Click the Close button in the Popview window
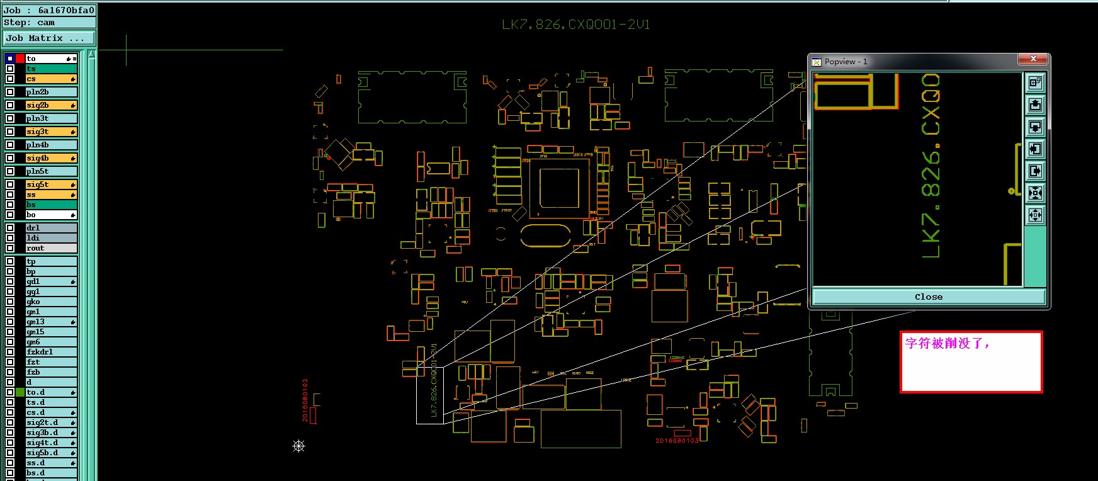[929, 297]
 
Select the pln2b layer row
[50, 92]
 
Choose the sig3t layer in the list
[50, 132]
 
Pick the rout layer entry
[50, 248]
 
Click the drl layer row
[50, 228]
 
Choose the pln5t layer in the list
[50, 171]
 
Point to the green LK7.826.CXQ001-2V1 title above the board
[575, 25]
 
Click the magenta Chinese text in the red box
[947, 343]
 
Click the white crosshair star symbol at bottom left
[299, 446]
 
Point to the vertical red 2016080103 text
[305, 400]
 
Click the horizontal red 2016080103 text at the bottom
[677, 441]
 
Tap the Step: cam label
[30, 23]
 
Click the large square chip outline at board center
[559, 188]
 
